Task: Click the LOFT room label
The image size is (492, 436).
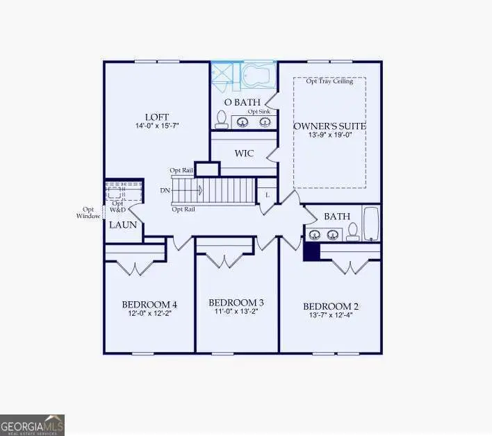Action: [157, 117]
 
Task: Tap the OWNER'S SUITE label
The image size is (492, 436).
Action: [329, 126]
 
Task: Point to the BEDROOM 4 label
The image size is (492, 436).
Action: [149, 304]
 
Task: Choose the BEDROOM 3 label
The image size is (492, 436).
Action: [236, 303]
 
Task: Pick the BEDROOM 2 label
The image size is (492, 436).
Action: [330, 306]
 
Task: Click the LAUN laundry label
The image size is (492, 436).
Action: [123, 225]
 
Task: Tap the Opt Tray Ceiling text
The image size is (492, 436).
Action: [330, 81]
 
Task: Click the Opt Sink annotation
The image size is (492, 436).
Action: [259, 111]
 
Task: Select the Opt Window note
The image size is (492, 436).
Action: [88, 212]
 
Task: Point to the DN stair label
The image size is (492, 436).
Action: [165, 190]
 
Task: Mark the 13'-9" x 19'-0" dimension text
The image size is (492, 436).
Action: [329, 136]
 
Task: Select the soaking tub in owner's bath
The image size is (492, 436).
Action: [260, 74]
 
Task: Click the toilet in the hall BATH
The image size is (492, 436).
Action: [353, 231]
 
